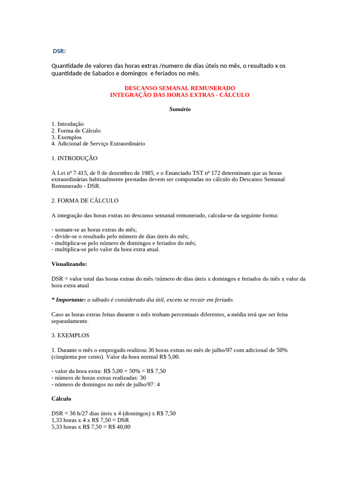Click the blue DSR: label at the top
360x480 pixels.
(x=59, y=51)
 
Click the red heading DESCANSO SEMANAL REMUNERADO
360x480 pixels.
(x=180, y=88)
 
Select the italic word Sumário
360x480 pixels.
(x=180, y=109)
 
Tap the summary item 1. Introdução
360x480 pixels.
(x=67, y=124)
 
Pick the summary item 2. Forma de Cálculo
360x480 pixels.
(x=76, y=130)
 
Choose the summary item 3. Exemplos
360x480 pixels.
(x=67, y=137)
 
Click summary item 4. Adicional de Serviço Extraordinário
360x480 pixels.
(x=98, y=143)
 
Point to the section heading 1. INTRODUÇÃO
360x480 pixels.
(x=75, y=158)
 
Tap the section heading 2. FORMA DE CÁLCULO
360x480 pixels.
(x=85, y=201)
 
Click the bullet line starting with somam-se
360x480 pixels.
(x=94, y=230)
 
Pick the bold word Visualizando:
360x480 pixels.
(x=69, y=264)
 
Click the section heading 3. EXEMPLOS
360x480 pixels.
(x=70, y=336)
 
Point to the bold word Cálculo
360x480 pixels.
(x=61, y=398)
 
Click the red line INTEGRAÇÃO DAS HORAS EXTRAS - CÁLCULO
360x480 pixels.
(x=180, y=95)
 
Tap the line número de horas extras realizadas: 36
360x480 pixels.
(x=99, y=378)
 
